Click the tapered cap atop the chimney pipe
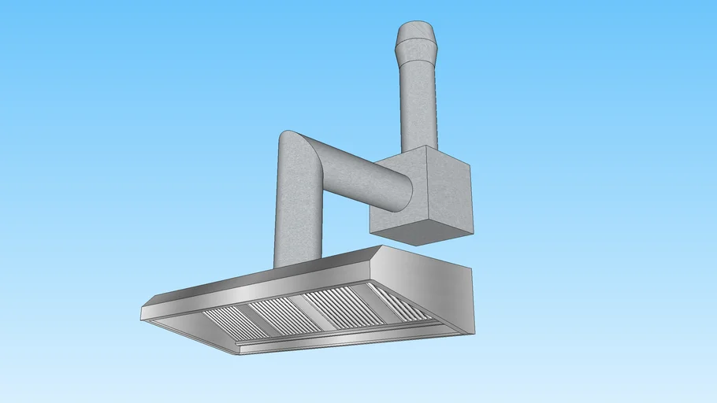pos(415,39)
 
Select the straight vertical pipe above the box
pos(418,102)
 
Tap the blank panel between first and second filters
pos(252,318)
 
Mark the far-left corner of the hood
pos(144,312)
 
